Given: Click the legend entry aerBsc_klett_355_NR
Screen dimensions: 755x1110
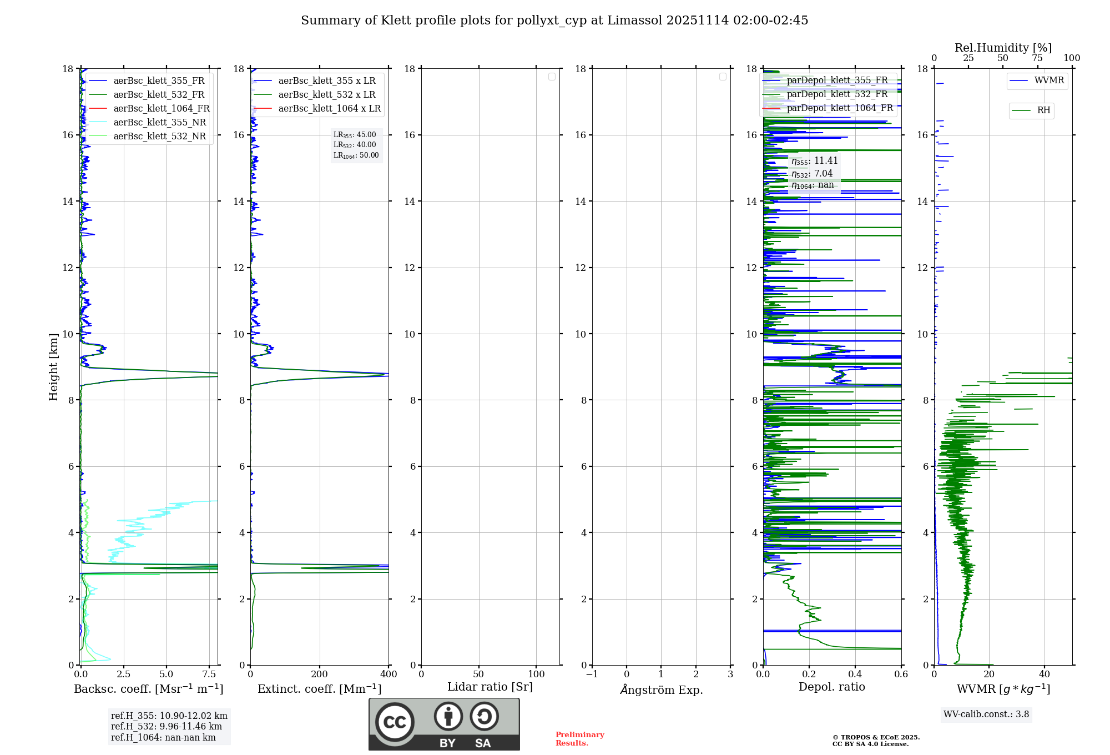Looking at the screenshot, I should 159,122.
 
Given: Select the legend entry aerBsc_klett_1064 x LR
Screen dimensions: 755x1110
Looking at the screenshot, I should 329,108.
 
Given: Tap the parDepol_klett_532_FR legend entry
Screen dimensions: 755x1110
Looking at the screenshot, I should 837,94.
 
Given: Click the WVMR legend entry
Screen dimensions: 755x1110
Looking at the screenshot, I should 1049,80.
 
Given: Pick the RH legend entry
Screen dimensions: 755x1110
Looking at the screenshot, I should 1043,110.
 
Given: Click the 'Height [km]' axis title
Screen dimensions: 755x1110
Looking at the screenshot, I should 53,367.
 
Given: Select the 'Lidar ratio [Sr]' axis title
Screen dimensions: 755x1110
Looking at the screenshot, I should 490,687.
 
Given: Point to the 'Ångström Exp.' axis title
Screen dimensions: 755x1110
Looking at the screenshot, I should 661,689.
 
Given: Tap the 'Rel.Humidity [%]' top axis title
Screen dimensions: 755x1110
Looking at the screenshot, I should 1003,48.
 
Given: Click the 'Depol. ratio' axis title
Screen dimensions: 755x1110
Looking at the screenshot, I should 831,687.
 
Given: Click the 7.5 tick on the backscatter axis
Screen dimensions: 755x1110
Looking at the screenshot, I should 209,674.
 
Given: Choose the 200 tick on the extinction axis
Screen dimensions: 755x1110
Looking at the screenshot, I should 319,674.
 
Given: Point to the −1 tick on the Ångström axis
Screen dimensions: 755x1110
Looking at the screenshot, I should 592,674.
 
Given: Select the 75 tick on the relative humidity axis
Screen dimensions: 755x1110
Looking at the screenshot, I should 1037,58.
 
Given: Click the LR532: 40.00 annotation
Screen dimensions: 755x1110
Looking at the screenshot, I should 355,145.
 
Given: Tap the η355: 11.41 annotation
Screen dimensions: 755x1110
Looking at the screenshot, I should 814,161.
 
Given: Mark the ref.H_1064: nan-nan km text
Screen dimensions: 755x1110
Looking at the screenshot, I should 163,737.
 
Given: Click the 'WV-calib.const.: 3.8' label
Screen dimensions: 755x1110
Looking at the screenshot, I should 986,714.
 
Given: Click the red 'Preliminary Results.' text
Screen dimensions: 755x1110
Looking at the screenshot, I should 579,739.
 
